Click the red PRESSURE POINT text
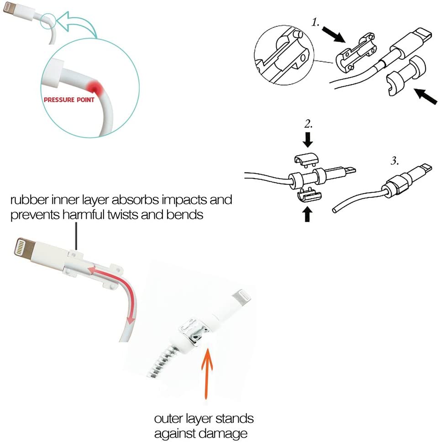point(68,100)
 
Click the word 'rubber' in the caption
point(29,200)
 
